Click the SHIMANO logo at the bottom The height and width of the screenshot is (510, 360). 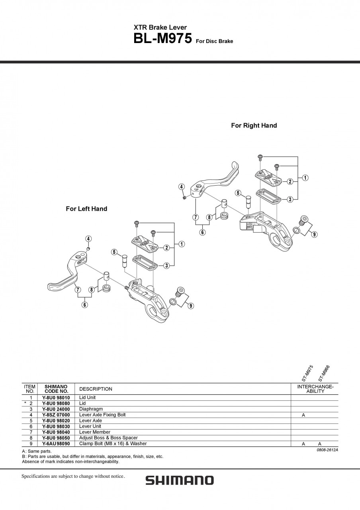tap(180, 481)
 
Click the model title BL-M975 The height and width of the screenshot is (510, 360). tap(163, 39)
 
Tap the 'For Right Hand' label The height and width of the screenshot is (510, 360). tap(254, 126)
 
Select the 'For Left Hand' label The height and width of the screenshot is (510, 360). tap(86, 209)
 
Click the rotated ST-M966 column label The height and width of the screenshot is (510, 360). tap(324, 374)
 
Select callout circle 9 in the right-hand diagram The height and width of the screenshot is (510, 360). tap(314, 235)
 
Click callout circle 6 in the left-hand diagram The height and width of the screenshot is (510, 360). tap(85, 305)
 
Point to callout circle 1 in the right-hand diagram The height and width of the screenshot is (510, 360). tap(305, 178)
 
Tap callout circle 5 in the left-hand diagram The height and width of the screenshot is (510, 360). tap(114, 252)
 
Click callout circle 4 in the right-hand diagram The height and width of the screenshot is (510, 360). tap(181, 187)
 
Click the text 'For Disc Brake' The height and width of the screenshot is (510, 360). tap(214, 41)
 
